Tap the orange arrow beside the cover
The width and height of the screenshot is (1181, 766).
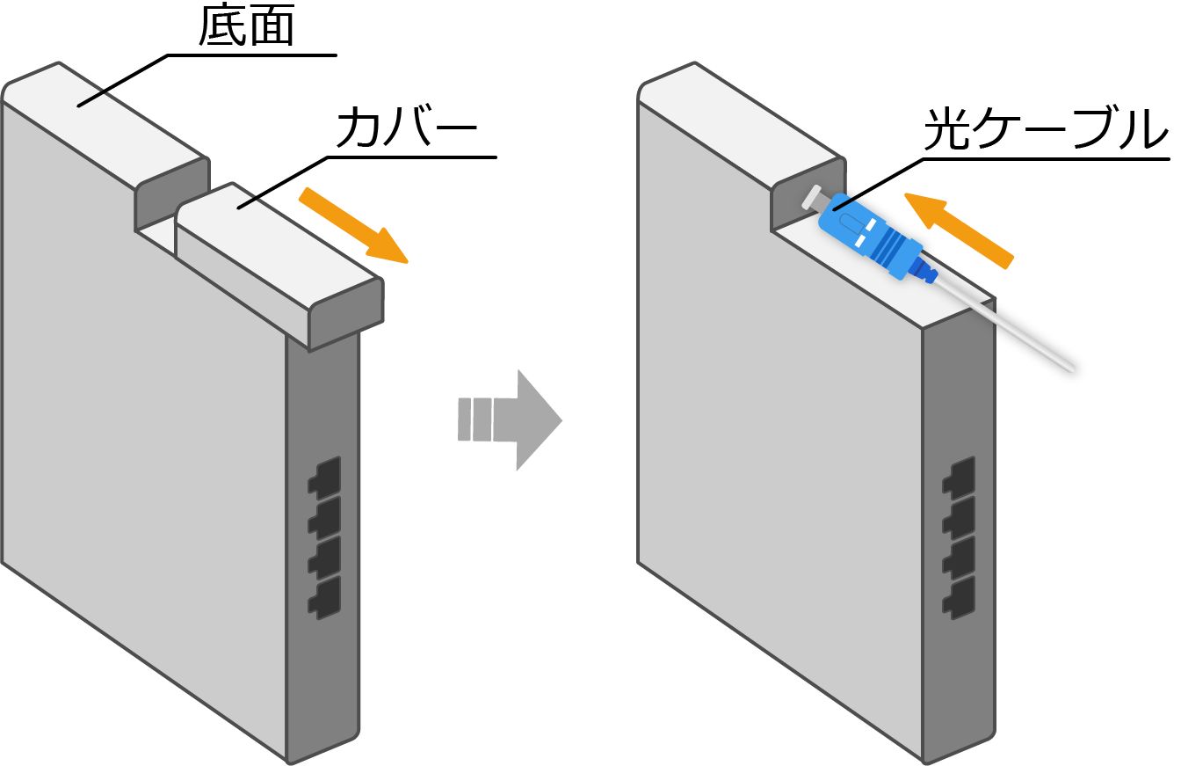pos(354,225)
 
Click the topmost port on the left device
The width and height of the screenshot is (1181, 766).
pos(324,476)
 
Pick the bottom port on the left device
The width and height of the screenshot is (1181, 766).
pos(324,597)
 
